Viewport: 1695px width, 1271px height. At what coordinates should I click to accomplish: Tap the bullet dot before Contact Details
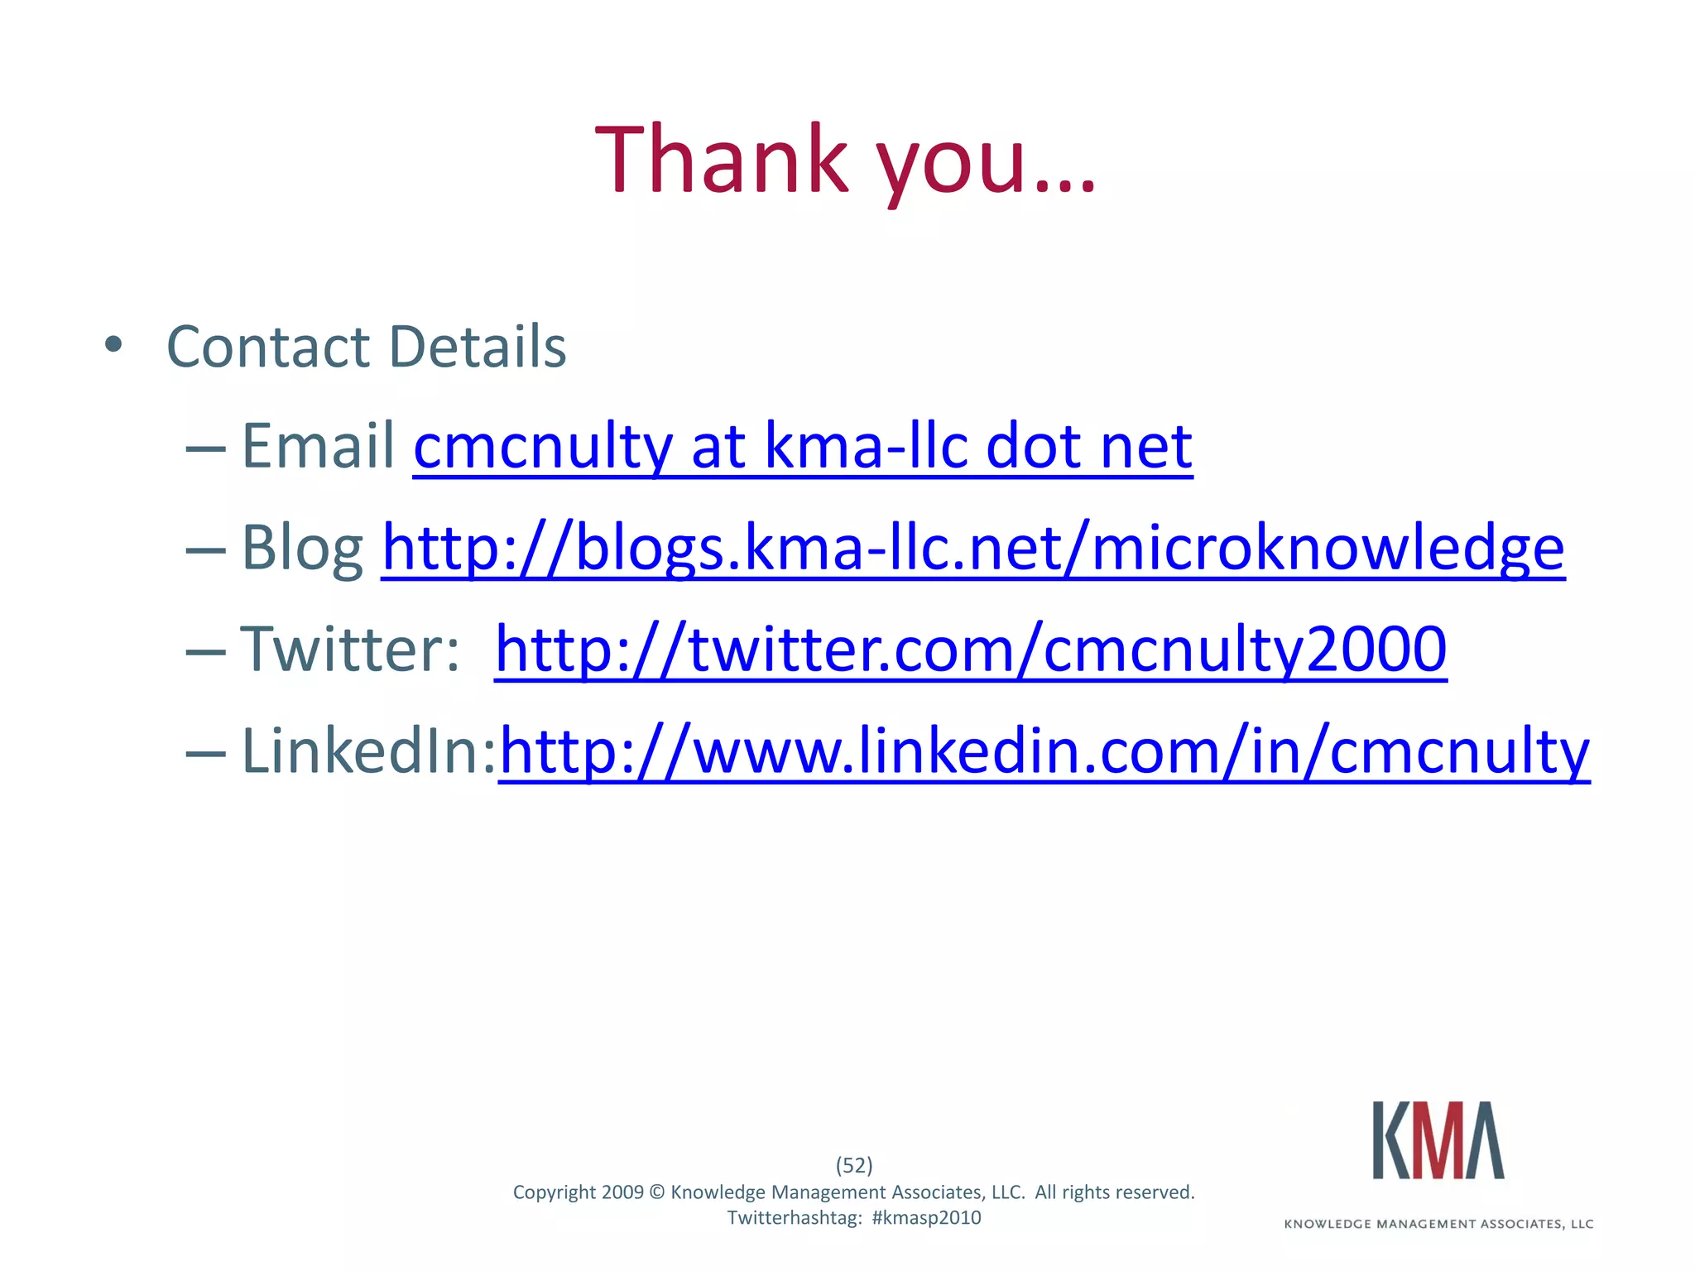(113, 344)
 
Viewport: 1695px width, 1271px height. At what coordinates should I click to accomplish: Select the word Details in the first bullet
(478, 346)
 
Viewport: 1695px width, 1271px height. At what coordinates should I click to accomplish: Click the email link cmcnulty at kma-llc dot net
(803, 447)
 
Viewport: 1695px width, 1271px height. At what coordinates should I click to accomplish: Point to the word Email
(319, 447)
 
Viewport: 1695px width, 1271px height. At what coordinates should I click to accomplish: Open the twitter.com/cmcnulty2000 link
(971, 650)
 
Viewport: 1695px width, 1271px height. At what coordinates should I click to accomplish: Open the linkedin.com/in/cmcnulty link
(1044, 751)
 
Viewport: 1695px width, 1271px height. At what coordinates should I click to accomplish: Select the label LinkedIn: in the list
(368, 751)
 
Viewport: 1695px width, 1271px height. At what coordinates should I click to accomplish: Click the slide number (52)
(854, 1165)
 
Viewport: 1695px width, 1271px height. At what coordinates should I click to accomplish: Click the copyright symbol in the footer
(657, 1192)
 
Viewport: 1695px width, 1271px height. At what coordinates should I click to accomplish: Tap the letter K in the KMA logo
(1391, 1140)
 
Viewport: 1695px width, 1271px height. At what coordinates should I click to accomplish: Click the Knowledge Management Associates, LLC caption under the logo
(1438, 1224)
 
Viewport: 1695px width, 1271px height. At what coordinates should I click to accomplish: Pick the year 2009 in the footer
(622, 1192)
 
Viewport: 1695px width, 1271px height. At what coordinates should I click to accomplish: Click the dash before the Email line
(205, 448)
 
